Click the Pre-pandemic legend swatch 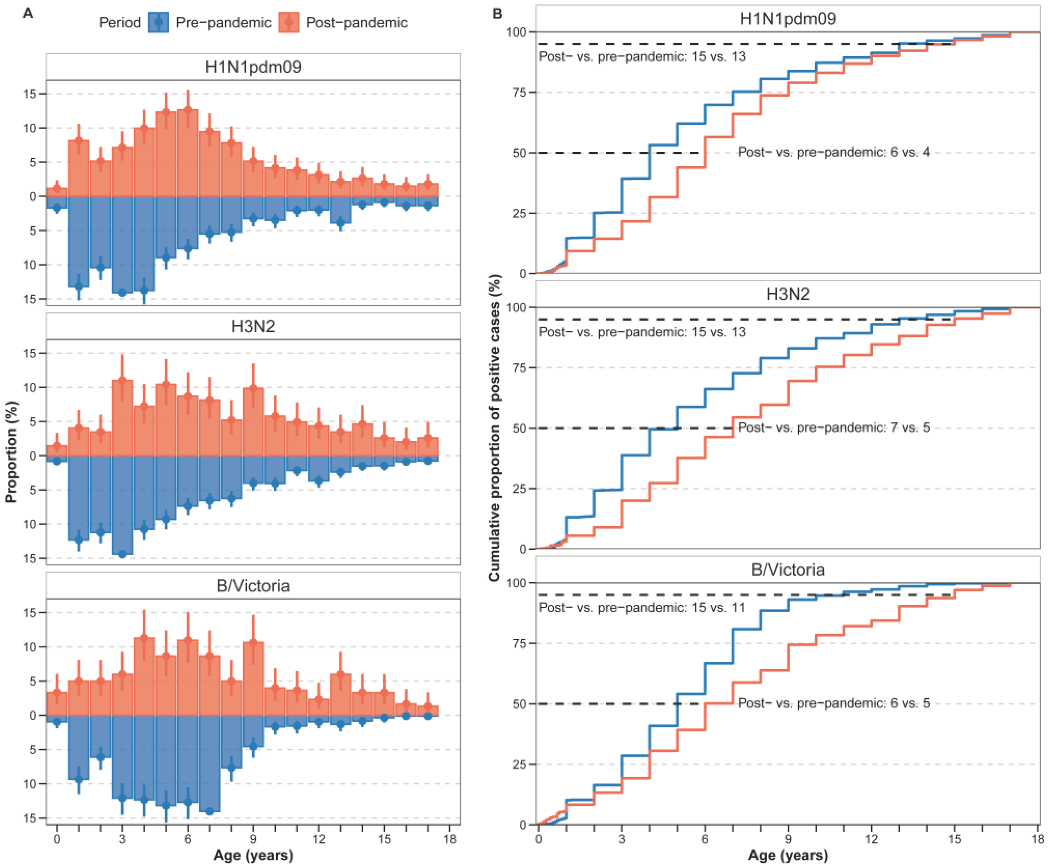coord(159,22)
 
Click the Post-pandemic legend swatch coord(289,22)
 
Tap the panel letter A coord(28,13)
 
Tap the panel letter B coord(497,13)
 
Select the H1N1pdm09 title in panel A coord(253,67)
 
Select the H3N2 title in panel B coord(788,294)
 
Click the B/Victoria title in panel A coord(253,585)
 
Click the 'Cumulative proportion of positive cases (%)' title coord(495,428)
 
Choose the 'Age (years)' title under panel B coord(788,856)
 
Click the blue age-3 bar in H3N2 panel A coord(122,505)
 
